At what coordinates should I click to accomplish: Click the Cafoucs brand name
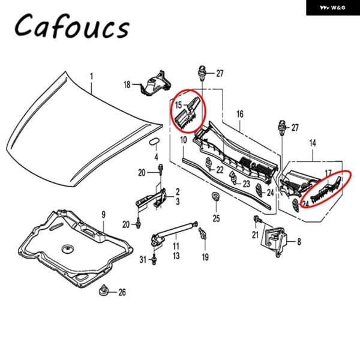(71, 26)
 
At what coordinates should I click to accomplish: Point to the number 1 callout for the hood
(92, 76)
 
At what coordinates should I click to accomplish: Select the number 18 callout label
(127, 85)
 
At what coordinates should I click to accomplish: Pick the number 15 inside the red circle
(178, 105)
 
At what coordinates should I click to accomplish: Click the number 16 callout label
(239, 113)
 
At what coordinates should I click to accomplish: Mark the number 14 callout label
(312, 144)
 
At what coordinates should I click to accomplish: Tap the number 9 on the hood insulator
(103, 214)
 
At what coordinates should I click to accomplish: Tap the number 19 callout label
(205, 257)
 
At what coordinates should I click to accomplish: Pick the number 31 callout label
(143, 259)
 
